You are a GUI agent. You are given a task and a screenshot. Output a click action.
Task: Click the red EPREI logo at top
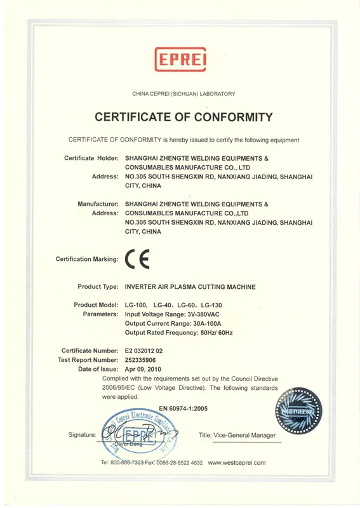coord(180,60)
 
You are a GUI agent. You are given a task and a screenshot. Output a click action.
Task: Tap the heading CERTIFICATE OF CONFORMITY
coord(183,117)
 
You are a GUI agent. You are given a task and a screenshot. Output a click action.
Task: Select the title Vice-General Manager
coord(237,435)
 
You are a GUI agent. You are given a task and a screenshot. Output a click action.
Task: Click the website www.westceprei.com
coord(237,463)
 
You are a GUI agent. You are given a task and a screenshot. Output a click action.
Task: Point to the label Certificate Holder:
coord(91,157)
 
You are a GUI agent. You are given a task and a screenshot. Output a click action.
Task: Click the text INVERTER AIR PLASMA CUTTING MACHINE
coord(190,287)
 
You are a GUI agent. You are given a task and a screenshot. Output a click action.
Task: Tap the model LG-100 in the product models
coord(138,305)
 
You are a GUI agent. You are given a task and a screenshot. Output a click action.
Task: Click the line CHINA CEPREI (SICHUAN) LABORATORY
coord(183,94)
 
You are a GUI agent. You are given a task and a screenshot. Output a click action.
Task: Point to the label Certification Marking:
coord(87,259)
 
